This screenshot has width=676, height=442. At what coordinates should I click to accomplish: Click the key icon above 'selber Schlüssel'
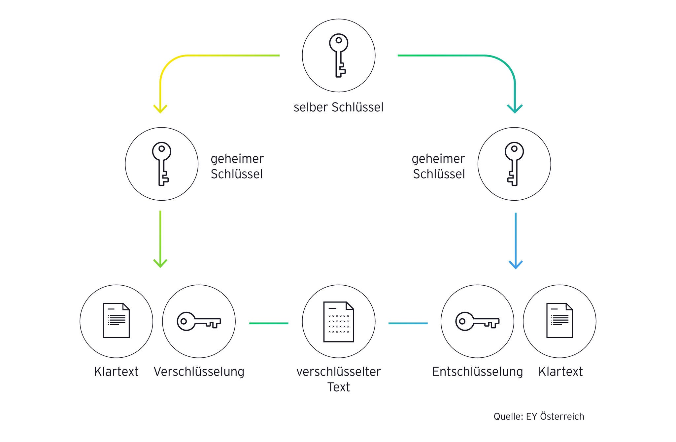click(x=339, y=56)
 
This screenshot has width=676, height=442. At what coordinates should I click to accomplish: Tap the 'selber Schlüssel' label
click(x=339, y=107)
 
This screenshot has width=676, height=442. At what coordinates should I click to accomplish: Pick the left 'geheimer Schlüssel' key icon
click(x=161, y=164)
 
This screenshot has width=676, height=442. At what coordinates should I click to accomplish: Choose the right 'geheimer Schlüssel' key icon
click(x=514, y=164)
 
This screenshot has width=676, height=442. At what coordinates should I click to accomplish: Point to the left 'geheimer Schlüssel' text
click(x=237, y=166)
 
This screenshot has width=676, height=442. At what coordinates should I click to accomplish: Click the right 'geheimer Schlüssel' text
click(x=438, y=166)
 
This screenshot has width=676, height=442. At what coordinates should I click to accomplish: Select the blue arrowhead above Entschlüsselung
click(x=516, y=264)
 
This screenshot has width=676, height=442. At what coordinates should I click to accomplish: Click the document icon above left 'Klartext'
click(x=116, y=321)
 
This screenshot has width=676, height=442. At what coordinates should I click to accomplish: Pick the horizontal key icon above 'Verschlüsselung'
click(x=199, y=321)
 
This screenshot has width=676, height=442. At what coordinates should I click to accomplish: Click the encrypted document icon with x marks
click(x=339, y=321)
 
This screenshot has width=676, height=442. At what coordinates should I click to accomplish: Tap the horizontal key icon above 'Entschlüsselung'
click(x=477, y=321)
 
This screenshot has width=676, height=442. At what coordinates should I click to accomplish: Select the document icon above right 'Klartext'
click(x=559, y=321)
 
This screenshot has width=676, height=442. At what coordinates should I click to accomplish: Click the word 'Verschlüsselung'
click(x=199, y=372)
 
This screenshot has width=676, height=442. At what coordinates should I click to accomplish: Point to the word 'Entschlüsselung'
click(x=477, y=372)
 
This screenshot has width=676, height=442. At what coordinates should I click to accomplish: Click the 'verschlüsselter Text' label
click(x=339, y=379)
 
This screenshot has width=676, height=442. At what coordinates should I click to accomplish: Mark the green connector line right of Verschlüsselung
click(x=269, y=323)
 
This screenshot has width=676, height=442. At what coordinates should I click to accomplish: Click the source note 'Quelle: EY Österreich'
click(x=539, y=417)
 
